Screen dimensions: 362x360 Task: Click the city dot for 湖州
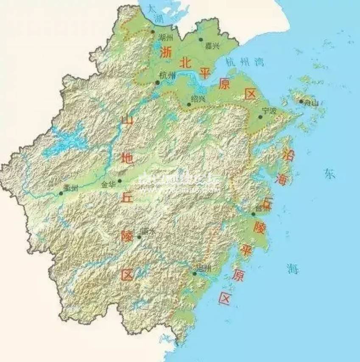(153, 31)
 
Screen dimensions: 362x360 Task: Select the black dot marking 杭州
(158, 82)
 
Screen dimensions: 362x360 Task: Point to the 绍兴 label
(198, 99)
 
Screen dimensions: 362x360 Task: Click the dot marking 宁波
(260, 117)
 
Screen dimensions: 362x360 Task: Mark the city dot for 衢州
(61, 193)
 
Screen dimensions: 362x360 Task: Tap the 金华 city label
(109, 185)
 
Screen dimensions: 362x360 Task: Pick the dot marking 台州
(254, 214)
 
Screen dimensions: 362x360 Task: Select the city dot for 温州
(195, 273)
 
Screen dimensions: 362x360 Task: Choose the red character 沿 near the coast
(290, 154)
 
